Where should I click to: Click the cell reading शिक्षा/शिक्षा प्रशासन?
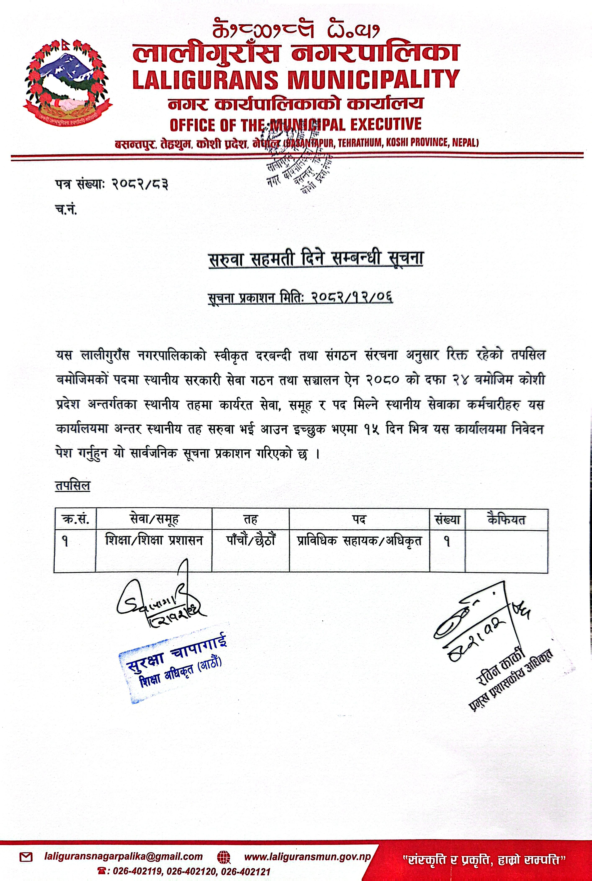(154, 541)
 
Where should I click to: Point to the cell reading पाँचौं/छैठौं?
(250, 541)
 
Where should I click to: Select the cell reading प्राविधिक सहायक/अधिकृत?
(359, 541)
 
